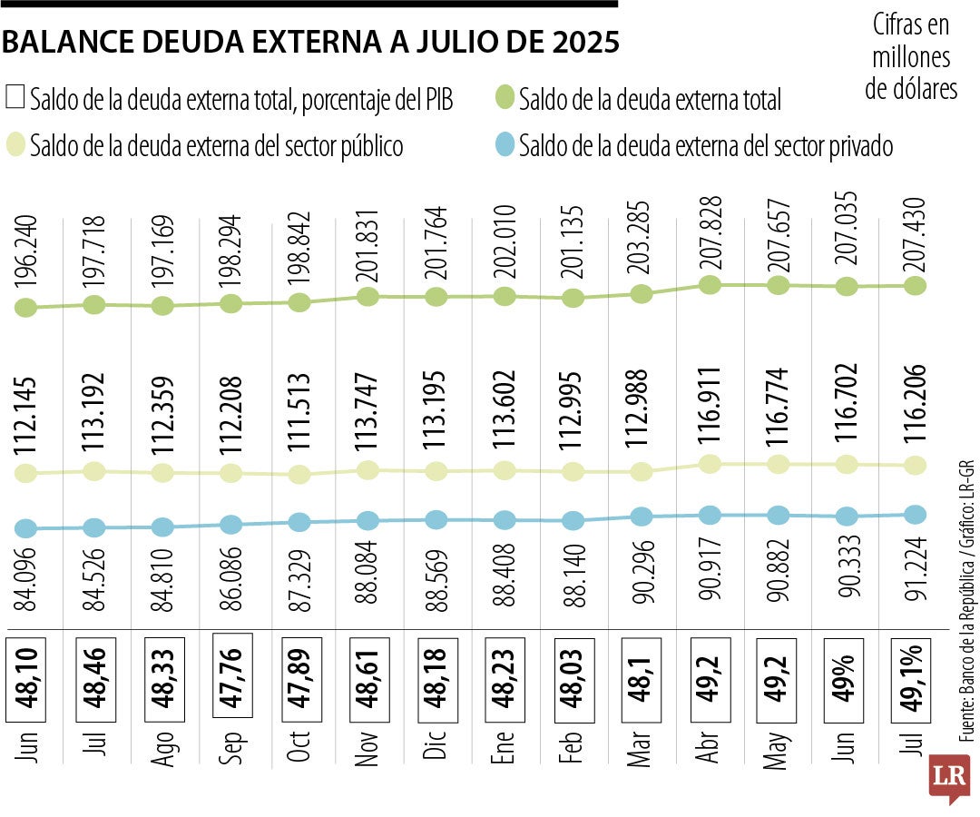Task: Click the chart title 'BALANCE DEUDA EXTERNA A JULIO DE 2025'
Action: (x=312, y=42)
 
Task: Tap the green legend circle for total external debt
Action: (x=505, y=98)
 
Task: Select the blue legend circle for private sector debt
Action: (x=505, y=144)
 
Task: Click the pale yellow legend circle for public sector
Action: (x=15, y=144)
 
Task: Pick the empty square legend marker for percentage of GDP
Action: (x=15, y=98)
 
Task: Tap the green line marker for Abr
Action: (x=710, y=285)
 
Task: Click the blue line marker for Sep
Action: (x=231, y=525)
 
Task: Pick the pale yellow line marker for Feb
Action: (x=573, y=472)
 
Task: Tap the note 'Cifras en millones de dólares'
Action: (x=911, y=56)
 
